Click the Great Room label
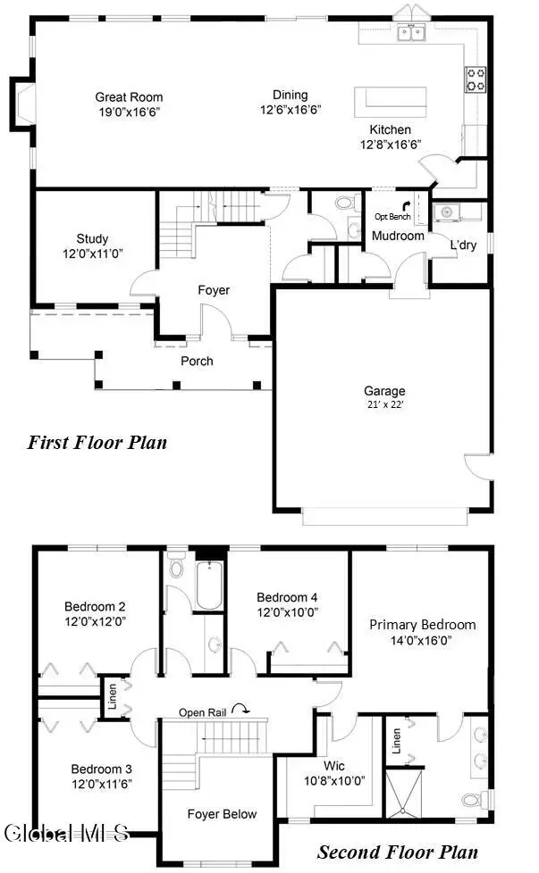coord(129,97)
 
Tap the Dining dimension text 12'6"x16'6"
coord(291,110)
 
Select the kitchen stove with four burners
coord(476,80)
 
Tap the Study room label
coord(92,238)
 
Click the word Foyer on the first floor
coord(214,290)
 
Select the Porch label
coord(197,361)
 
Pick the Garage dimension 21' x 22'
coord(384,404)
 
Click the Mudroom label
coord(398,236)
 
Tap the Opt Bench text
coord(392,217)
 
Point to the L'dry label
coord(463,245)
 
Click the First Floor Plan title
coord(97,442)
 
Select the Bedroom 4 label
coord(287,597)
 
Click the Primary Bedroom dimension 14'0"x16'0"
coord(423,640)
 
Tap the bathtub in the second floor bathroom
coord(208,586)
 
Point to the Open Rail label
coord(203,711)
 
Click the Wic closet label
coord(334,766)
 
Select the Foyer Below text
coord(222,813)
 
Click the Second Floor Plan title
coord(397,852)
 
